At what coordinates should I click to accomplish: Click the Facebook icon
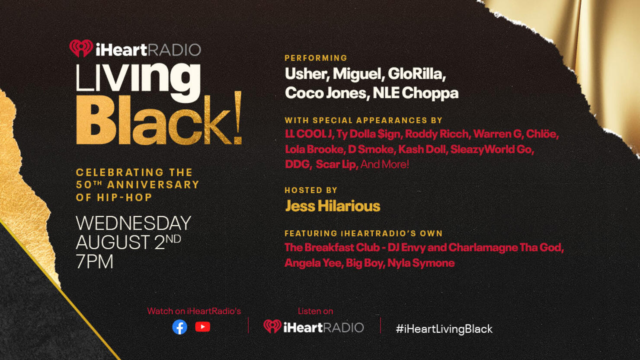click(x=180, y=327)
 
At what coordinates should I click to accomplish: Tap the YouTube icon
click(x=202, y=327)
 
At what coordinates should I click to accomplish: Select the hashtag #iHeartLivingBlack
click(x=444, y=329)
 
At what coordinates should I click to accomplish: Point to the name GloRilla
click(x=416, y=74)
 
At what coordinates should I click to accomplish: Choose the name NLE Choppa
click(x=416, y=93)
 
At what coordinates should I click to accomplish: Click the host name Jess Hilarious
click(x=333, y=206)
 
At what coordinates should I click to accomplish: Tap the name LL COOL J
click(x=309, y=134)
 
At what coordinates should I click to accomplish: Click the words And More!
click(x=384, y=164)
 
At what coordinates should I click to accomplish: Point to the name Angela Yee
click(x=314, y=263)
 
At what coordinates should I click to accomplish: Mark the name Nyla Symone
click(x=421, y=263)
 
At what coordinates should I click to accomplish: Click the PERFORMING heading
click(x=316, y=58)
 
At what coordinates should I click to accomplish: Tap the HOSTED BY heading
click(x=311, y=190)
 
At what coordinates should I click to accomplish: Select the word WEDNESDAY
click(x=134, y=223)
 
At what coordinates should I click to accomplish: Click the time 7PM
click(x=95, y=261)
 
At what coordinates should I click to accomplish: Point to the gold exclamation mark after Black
click(x=237, y=118)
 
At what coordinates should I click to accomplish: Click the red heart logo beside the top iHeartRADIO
click(x=81, y=48)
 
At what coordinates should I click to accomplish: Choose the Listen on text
click(x=315, y=311)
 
